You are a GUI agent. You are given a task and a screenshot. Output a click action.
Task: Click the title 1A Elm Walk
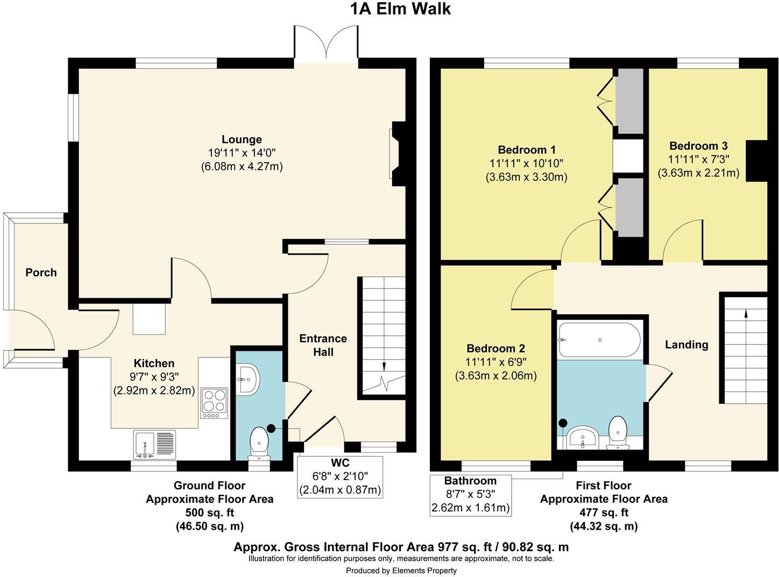pos(400,9)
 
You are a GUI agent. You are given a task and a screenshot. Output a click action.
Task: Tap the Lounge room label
pos(242,139)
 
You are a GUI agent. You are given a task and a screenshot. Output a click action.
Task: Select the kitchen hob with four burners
pos(215,403)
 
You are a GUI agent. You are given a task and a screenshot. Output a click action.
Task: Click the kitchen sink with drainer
pos(155,445)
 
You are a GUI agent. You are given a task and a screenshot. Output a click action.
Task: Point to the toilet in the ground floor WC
pos(259,444)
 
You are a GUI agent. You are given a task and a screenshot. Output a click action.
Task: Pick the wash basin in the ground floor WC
pos(247,379)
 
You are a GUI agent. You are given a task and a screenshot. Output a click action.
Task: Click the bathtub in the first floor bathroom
pos(599,340)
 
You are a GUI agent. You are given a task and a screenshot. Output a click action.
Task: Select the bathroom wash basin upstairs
pos(583,437)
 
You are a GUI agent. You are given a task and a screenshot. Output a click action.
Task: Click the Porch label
pos(41,272)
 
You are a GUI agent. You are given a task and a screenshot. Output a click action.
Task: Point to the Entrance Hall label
pos(323,345)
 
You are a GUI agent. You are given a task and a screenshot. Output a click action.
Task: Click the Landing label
pos(686,344)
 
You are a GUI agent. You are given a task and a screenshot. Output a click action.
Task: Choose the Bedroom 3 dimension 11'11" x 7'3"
pos(698,159)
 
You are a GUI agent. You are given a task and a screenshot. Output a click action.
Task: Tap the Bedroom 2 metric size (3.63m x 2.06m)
pos(496,376)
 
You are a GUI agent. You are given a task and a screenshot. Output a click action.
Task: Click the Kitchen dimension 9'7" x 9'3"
pos(154,377)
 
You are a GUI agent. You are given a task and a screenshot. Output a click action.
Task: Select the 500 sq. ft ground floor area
pos(210,513)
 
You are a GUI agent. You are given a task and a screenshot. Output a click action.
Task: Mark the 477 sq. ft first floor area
pos(604,512)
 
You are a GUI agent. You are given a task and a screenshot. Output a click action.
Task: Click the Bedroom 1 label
pos(527,150)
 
